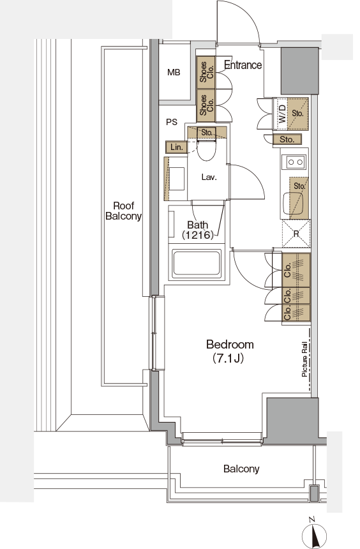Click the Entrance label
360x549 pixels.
(243, 64)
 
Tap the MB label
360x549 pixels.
(174, 73)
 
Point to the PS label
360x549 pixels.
(172, 122)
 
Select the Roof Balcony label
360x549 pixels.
(123, 211)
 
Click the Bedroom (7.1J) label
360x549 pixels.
(230, 351)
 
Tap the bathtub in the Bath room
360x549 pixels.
(197, 262)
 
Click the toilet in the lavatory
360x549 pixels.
(207, 150)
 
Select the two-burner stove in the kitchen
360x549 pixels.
(296, 162)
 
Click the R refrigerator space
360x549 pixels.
(296, 233)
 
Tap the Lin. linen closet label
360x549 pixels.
(177, 147)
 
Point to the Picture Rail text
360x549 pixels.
(304, 359)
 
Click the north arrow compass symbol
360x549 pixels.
(314, 534)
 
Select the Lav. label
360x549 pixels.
(209, 177)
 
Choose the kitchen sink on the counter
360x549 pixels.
(292, 204)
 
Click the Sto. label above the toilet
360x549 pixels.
(207, 132)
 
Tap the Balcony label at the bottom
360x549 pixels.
(241, 469)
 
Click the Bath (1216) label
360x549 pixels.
(197, 230)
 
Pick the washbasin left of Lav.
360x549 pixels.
(176, 179)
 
